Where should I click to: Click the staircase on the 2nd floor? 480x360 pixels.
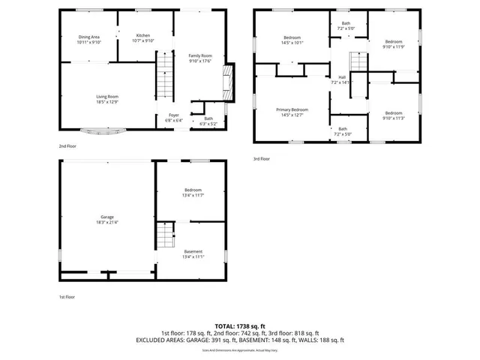(164, 83)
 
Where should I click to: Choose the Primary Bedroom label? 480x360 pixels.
(293, 110)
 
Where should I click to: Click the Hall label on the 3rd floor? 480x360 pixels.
(342, 78)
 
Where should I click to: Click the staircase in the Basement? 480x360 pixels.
(165, 240)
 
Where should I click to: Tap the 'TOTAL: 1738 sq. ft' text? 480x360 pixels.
(240, 325)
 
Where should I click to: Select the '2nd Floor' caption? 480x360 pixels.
(67, 146)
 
